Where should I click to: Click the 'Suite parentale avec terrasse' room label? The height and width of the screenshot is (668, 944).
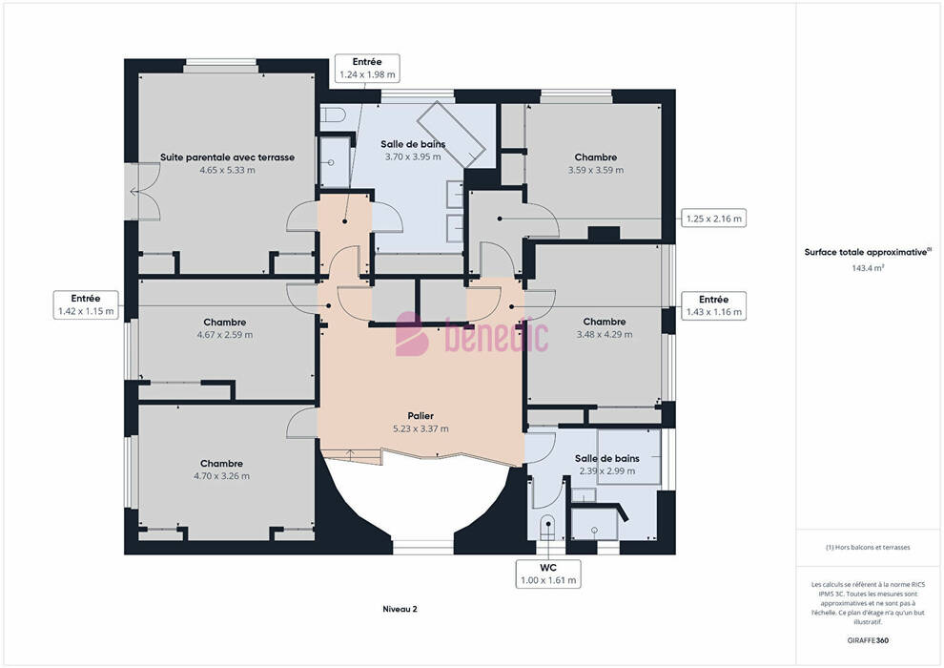coord(227,157)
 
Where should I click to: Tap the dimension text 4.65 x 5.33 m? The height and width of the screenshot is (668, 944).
coord(227,171)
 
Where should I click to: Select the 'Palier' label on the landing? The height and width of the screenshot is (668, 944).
coord(421,416)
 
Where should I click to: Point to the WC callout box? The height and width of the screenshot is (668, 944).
coord(548,574)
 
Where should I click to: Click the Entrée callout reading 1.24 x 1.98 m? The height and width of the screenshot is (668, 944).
coord(367,68)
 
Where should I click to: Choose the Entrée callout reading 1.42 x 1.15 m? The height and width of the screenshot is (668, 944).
coord(86,304)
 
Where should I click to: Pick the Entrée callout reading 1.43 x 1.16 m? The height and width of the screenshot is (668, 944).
coord(714,305)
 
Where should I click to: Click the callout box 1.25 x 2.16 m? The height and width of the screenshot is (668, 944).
coord(714,219)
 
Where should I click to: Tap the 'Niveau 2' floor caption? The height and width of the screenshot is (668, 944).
coord(400,609)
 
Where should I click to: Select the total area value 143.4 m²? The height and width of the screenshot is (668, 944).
coord(868,268)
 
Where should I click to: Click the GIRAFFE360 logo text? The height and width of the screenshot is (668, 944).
coord(868,640)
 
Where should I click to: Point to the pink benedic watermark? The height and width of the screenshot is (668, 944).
coord(472,334)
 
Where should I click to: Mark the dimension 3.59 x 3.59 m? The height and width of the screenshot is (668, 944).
coord(595,171)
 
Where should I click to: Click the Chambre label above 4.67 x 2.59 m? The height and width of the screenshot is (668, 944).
coord(225,323)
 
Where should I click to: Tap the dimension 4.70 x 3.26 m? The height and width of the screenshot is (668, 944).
coord(221,476)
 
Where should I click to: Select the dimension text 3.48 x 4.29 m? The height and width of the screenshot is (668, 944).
coord(605,334)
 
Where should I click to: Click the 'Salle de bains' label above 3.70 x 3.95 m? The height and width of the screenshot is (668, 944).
coord(413,144)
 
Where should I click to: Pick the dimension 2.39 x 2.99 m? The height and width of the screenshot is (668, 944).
coord(606,471)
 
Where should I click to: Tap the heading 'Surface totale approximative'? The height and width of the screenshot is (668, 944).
coord(866,252)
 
